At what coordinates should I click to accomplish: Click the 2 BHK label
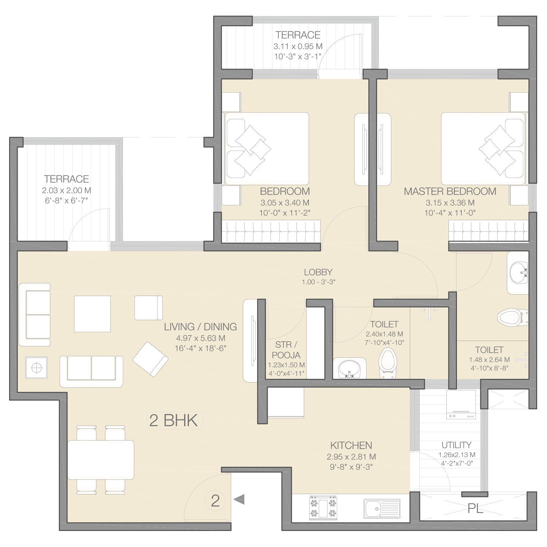coord(174,420)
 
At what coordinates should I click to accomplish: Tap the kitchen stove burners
coord(323,507)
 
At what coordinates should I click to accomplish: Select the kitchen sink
coord(382,508)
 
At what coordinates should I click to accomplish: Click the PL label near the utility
coord(475,508)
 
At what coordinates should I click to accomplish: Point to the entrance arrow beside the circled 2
coord(239,499)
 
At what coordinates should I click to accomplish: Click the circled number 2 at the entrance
coord(215,501)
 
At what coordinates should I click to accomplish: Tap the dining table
coord(101,459)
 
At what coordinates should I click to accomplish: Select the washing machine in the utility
coord(461,404)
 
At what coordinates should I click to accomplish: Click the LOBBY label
coord(318,272)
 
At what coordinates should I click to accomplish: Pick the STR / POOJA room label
coord(286,350)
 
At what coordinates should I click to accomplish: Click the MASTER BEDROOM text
coord(450,191)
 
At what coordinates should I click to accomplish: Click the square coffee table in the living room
coord(92,314)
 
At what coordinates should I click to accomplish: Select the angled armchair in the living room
coord(150,359)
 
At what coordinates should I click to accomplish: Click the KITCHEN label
coord(351,445)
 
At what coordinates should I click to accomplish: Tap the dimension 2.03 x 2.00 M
coord(66,190)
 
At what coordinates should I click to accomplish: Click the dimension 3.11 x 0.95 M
coord(298,46)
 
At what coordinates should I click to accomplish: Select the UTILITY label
coord(457,445)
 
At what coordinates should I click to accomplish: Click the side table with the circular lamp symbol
coord(36,368)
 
